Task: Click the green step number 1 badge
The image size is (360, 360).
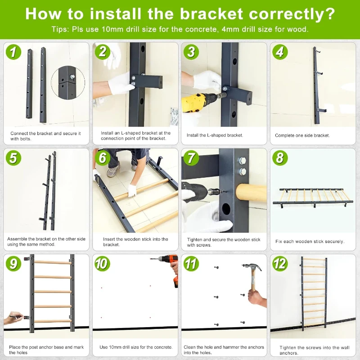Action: coord(13,52)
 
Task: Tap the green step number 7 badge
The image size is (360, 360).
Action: coord(191,158)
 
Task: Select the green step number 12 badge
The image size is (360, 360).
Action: coord(280,263)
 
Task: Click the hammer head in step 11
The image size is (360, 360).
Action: coord(252,267)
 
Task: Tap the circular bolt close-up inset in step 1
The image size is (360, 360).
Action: coord(68,82)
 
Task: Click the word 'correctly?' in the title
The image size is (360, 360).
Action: coord(292,14)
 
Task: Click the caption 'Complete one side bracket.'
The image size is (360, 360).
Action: coord(302,135)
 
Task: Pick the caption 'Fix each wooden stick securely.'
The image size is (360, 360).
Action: coord(310,241)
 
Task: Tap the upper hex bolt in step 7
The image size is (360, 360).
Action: coord(243,161)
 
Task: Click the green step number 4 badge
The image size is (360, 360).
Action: coord(280,52)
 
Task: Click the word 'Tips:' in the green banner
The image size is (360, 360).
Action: coord(60,29)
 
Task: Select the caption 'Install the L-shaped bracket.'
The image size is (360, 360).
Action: coord(215,135)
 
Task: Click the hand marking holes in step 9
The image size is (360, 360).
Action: coord(13,318)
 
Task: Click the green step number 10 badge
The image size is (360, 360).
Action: coord(102,263)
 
